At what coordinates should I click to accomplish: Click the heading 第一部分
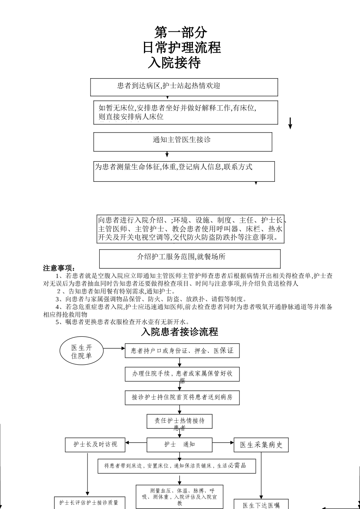pyautogui.click(x=181, y=33)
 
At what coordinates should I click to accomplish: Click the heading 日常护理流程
pyautogui.click(x=182, y=48)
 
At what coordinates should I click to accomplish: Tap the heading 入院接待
pyautogui.click(x=174, y=63)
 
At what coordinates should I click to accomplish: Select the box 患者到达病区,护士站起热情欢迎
pyautogui.click(x=184, y=87)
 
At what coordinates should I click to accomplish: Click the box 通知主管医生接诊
pyautogui.click(x=183, y=141)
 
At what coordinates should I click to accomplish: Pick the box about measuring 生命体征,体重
pyautogui.click(x=184, y=171)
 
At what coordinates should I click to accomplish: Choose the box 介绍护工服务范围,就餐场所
pyautogui.click(x=189, y=258)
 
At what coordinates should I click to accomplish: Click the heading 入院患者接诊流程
pyautogui.click(x=180, y=332)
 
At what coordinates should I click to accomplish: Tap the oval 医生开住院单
pyautogui.click(x=81, y=352)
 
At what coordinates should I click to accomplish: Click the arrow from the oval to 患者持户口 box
pyautogui.click(x=114, y=348)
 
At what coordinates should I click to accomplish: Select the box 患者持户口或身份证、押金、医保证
pyautogui.click(x=182, y=351)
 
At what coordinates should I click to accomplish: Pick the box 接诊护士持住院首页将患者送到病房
pyautogui.click(x=182, y=397)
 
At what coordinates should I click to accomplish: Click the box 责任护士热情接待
pyautogui.click(x=179, y=421)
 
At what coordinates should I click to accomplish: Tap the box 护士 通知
pyautogui.click(x=180, y=445)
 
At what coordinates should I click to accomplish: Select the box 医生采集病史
pyautogui.click(x=261, y=445)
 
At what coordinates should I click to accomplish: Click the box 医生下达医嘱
pyautogui.click(x=261, y=504)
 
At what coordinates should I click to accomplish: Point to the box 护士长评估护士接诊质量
pyautogui.click(x=89, y=503)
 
